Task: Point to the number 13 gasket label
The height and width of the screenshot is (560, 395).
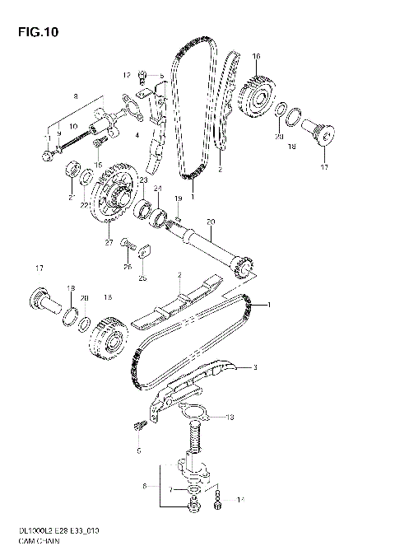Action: click(x=230, y=418)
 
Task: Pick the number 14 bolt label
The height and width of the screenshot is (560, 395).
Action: click(x=240, y=500)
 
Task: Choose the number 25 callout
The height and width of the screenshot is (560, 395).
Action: click(x=142, y=278)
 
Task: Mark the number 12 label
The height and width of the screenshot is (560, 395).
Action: click(x=128, y=75)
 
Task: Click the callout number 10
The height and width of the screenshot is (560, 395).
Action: click(x=73, y=126)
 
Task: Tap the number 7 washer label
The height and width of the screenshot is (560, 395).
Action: click(x=170, y=490)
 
